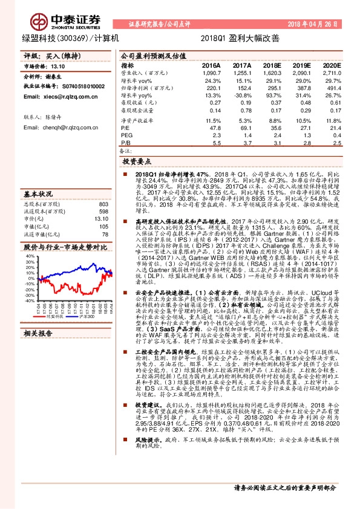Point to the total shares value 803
(103, 204)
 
